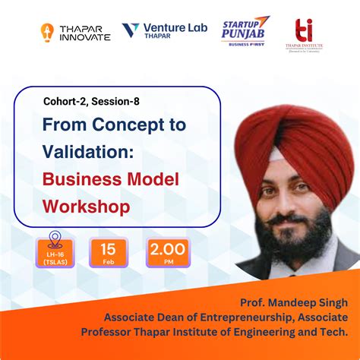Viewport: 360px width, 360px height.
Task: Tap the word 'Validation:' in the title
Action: click(88, 152)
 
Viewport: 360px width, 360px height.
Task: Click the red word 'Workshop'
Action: click(86, 206)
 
